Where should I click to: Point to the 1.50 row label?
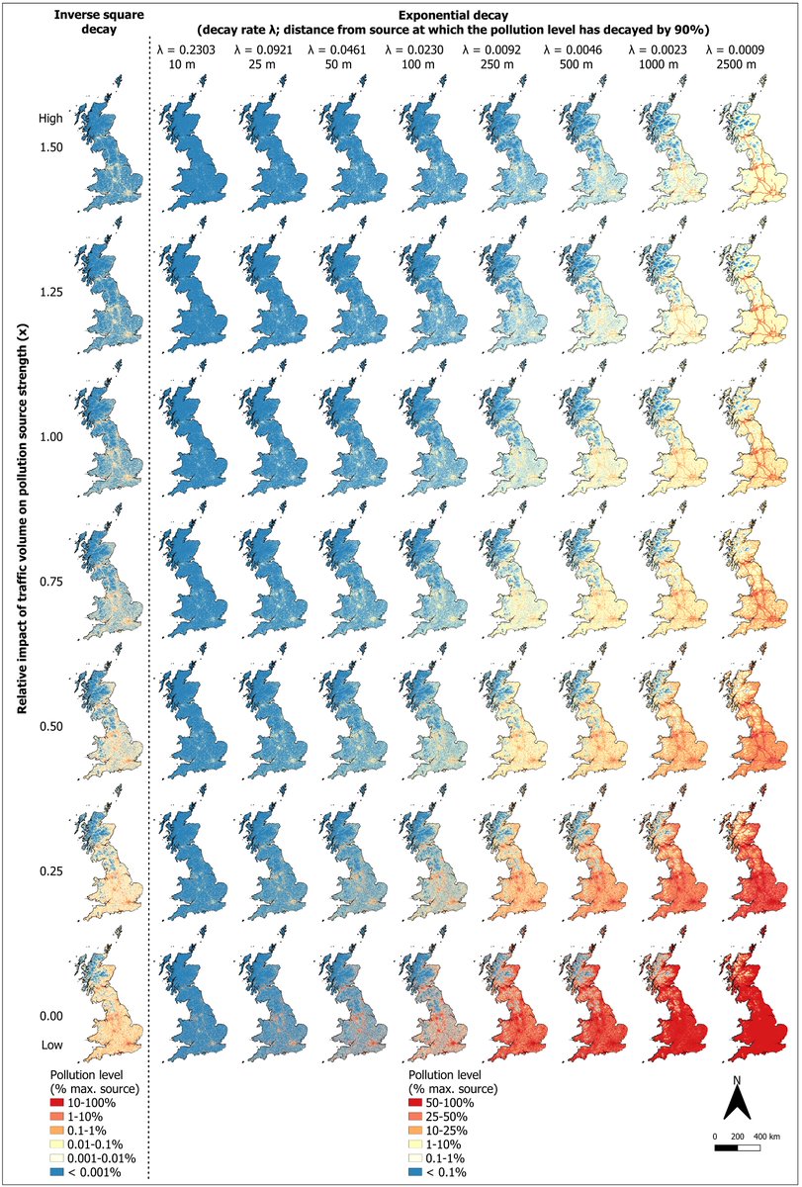pyautogui.click(x=52, y=146)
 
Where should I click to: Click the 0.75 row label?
pyautogui.click(x=52, y=582)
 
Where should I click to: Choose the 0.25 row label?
pyautogui.click(x=52, y=871)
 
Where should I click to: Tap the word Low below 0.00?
pyautogui.click(x=52, y=1045)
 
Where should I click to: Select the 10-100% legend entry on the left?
pyautogui.click(x=89, y=1101)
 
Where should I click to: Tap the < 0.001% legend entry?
pyautogui.click(x=89, y=1172)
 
